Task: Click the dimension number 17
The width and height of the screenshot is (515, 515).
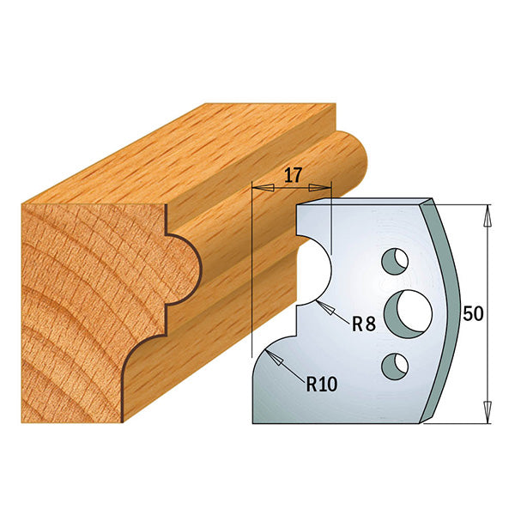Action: (x=292, y=176)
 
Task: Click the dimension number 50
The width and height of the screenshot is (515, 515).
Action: (x=472, y=313)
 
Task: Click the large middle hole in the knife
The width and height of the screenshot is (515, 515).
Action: (x=408, y=310)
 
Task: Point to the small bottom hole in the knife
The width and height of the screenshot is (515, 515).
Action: (x=396, y=365)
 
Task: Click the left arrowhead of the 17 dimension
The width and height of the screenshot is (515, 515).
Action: (x=257, y=186)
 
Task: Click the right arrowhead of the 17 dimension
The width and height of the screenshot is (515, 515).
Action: (x=326, y=186)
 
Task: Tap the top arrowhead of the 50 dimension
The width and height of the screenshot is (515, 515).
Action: (x=488, y=211)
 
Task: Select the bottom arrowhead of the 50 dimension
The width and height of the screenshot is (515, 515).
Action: (x=488, y=415)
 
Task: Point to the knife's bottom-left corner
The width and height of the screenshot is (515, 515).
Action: (x=254, y=421)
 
